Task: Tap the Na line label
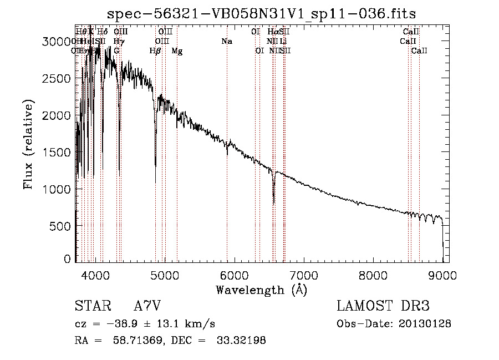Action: (226, 42)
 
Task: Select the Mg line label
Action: (177, 51)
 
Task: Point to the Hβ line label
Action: (155, 51)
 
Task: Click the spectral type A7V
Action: (147, 306)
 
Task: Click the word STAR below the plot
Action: (91, 306)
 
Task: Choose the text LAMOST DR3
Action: (383, 306)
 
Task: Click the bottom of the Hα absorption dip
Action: (274, 203)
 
